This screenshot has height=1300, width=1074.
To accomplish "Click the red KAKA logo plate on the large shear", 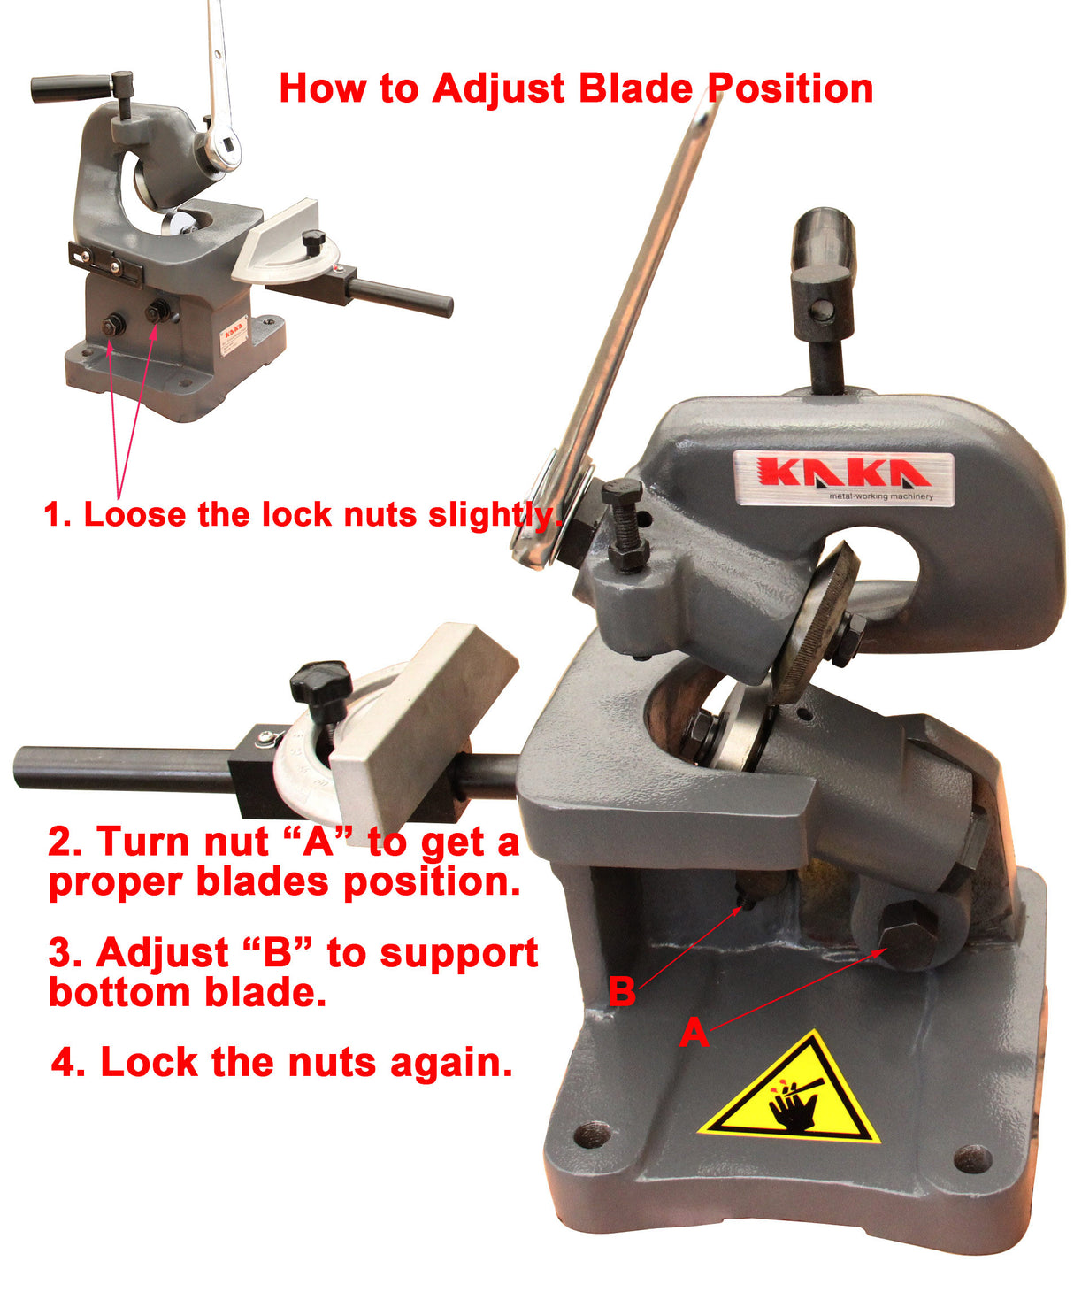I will tap(844, 478).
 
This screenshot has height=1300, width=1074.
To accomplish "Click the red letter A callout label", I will tap(694, 1032).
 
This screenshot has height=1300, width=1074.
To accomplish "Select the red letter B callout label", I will tap(622, 991).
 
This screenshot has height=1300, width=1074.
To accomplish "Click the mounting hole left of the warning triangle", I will tap(593, 1134).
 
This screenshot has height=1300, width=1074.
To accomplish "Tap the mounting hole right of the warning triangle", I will tap(973, 1157).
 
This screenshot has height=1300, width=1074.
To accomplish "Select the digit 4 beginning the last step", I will tap(64, 1062).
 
